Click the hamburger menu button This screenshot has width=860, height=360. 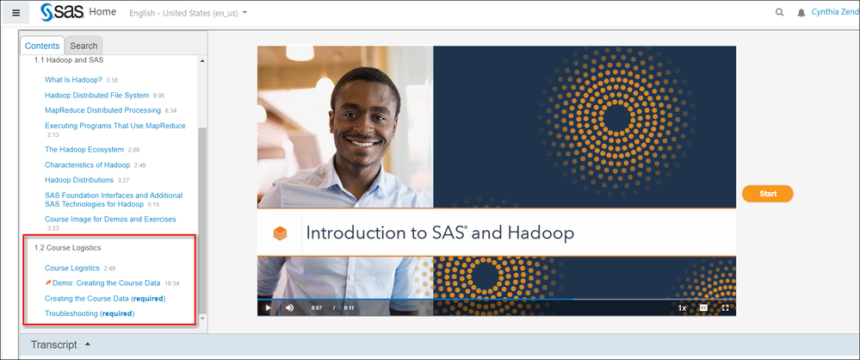coord(15,13)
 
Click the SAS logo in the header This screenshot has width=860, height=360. coord(60,13)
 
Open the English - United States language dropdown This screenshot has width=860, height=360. coord(187,14)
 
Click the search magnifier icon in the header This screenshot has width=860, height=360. coord(780,13)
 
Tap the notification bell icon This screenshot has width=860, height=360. coord(802,14)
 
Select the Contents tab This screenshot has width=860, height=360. coord(42,46)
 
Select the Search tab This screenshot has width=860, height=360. coord(84,46)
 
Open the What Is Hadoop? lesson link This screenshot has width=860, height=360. coord(73,80)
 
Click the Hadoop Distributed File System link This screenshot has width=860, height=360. coord(96,96)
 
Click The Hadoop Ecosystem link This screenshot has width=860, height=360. coord(84,150)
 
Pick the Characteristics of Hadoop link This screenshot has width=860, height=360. coord(87,164)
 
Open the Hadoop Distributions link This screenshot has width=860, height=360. coord(79,180)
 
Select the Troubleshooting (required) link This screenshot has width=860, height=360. coord(90,313)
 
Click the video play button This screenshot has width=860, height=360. coord(268,307)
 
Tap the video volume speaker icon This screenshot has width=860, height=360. coord(289,307)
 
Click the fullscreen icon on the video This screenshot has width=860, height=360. coord(726,307)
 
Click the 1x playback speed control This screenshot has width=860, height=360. coord(682,307)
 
